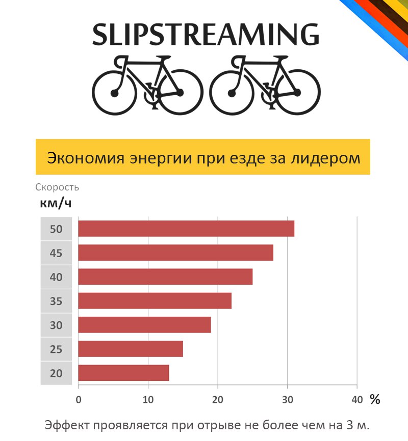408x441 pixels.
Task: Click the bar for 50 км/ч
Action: point(186,229)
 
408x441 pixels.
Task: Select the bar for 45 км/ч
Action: point(175,253)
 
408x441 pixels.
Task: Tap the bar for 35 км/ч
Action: point(155,300)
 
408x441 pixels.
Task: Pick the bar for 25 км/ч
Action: point(130,349)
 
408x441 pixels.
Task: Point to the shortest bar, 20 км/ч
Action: point(123,373)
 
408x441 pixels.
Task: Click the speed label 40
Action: point(56,277)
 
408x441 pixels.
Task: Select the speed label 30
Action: point(56,325)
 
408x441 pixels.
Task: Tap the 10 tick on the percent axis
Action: point(148,400)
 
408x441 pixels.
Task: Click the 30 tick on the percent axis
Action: point(288,400)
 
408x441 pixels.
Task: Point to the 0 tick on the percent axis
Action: point(78,400)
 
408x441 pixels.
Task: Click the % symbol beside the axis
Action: point(375,400)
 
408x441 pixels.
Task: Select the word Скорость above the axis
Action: point(57,187)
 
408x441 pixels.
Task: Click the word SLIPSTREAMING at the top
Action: point(206,35)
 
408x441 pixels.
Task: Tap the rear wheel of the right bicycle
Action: point(298,92)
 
